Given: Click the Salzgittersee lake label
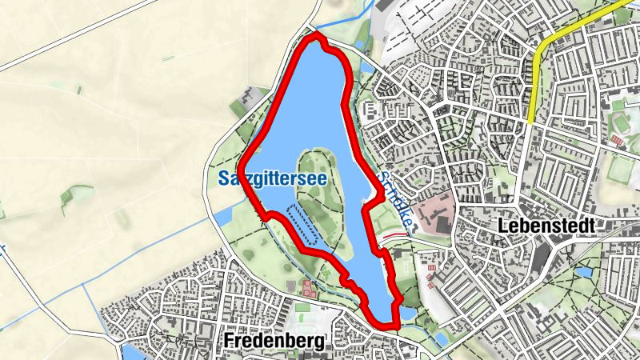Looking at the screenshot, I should [x=272, y=179].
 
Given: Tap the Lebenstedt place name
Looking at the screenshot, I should [x=546, y=226].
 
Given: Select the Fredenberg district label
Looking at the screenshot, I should [x=275, y=342].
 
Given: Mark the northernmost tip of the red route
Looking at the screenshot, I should [x=315, y=35].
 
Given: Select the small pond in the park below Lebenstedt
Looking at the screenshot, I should [x=583, y=272].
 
